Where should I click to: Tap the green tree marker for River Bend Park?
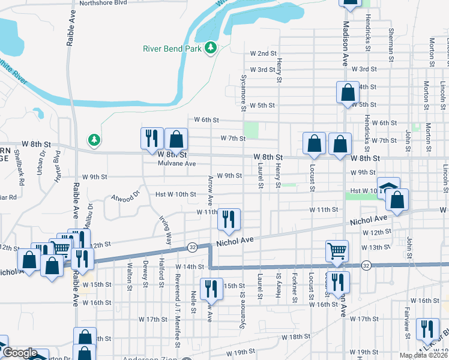pos(210,47)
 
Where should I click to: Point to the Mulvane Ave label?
pos(176,163)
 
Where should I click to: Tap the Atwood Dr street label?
pos(124,196)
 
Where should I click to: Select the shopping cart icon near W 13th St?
pos(337,250)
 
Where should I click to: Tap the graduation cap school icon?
pos(388,187)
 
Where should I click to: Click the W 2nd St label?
pos(262,54)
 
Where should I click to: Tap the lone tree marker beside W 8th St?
pos(93,140)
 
